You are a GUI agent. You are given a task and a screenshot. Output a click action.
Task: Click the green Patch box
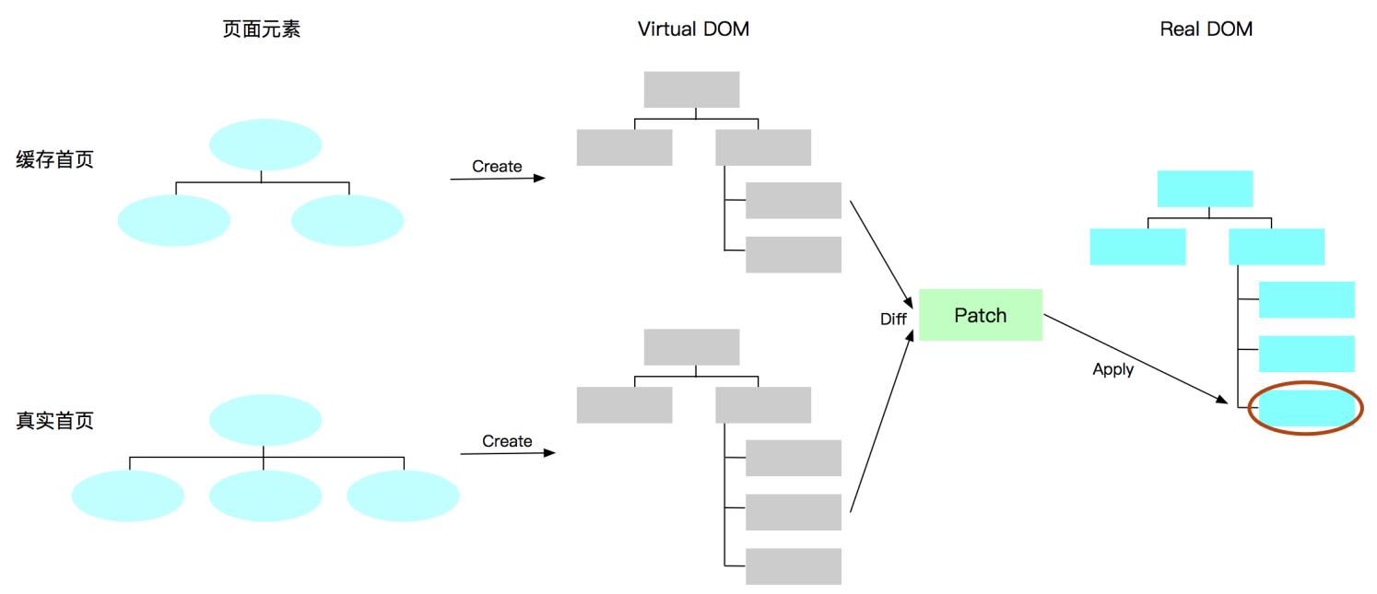coord(981,315)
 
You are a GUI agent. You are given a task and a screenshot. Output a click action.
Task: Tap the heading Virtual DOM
coord(693,29)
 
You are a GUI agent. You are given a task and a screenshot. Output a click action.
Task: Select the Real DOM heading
coord(1206,29)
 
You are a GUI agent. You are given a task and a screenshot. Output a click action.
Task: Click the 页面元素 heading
coord(262,29)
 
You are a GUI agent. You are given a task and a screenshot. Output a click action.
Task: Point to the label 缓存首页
coord(55,159)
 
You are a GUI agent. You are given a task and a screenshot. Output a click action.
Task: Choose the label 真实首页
coord(55,421)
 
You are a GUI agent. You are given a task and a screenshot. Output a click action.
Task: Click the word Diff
coord(893,320)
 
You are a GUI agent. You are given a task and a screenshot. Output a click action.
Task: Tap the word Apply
coord(1112,369)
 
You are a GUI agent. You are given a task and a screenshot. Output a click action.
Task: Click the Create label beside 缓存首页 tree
coord(497,167)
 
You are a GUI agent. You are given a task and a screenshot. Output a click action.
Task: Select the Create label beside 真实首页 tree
coord(507,441)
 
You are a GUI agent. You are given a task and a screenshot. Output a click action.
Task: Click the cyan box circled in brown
coord(1306,408)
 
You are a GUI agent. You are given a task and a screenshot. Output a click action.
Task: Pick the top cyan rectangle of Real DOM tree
coord(1205,189)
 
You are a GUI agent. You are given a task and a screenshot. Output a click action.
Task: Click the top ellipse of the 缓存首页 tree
coord(265,145)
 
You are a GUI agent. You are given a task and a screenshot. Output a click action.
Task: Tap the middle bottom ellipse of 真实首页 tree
coord(265,496)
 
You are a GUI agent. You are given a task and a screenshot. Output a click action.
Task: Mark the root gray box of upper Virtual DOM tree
coord(691,89)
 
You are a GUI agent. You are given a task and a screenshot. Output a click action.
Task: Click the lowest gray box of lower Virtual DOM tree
coord(793,566)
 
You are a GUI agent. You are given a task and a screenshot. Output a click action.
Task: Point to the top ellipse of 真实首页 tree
coord(265,420)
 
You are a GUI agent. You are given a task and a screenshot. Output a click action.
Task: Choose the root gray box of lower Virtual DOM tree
coord(691,347)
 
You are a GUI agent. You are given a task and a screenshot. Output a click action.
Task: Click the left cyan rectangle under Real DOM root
coord(1137,247)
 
